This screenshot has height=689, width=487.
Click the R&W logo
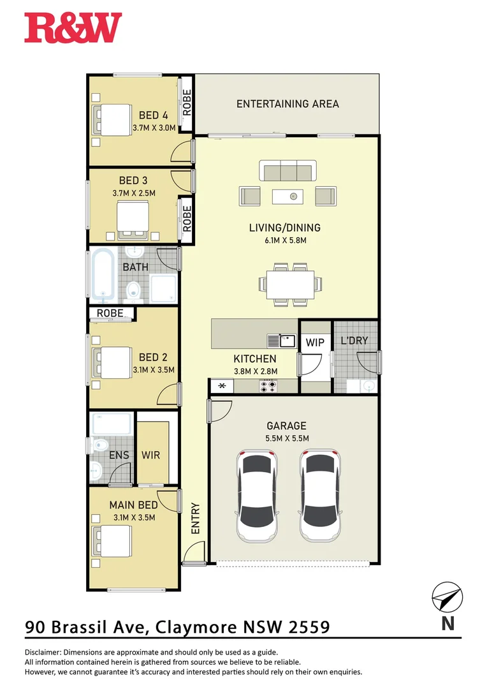73,28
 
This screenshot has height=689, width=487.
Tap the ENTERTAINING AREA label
287,103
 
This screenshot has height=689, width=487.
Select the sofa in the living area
287,172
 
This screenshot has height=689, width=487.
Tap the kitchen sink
282,341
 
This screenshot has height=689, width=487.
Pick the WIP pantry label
316,343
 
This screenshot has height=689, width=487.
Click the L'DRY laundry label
354,341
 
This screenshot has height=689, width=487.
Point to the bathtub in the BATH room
102,276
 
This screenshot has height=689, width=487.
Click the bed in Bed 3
133,219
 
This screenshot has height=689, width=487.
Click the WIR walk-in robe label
151,456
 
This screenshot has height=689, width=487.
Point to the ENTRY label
196,519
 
